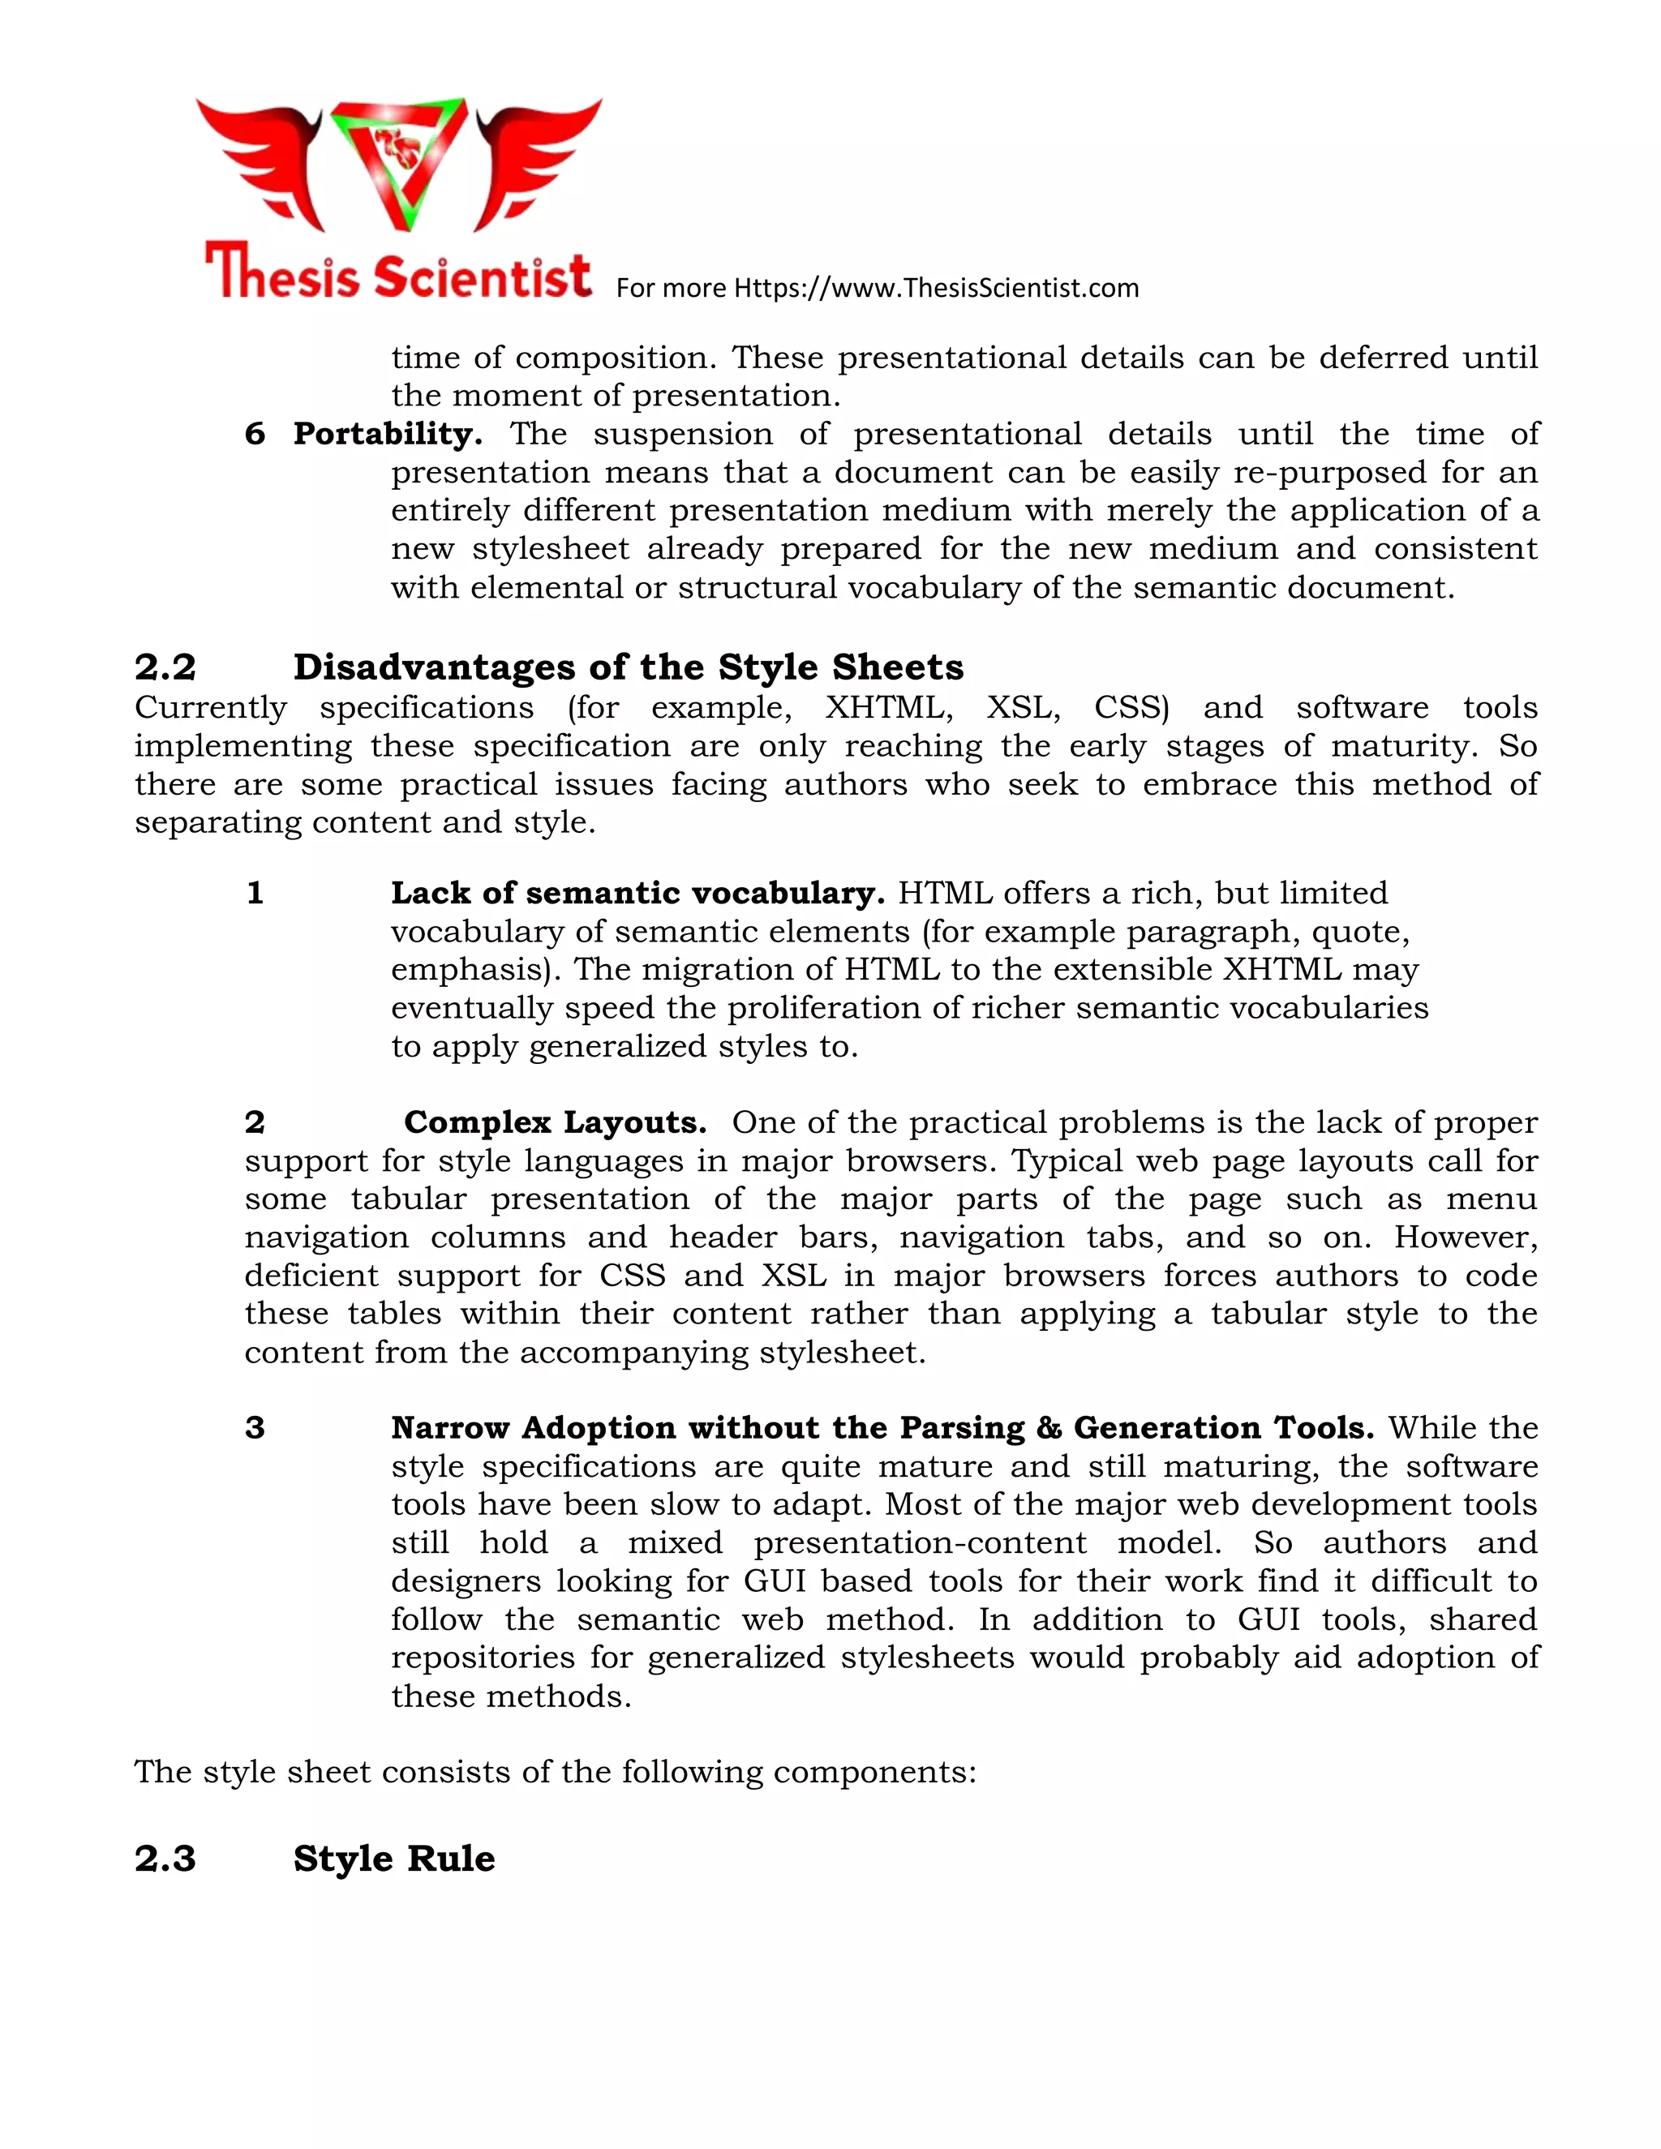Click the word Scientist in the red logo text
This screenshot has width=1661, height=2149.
coord(483,275)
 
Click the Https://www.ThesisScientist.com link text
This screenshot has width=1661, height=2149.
coord(936,289)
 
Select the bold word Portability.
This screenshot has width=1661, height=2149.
coord(387,434)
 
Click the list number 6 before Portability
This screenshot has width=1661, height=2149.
coord(254,434)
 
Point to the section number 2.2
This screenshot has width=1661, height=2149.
coord(165,667)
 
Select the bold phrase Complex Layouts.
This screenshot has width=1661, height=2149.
coord(555,1122)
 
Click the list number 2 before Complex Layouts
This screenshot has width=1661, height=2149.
coord(254,1122)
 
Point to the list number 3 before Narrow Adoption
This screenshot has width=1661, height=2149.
coord(254,1428)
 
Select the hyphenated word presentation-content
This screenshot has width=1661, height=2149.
coord(920,1543)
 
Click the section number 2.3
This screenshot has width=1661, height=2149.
coord(165,1859)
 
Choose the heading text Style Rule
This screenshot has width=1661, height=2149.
coord(393,1859)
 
